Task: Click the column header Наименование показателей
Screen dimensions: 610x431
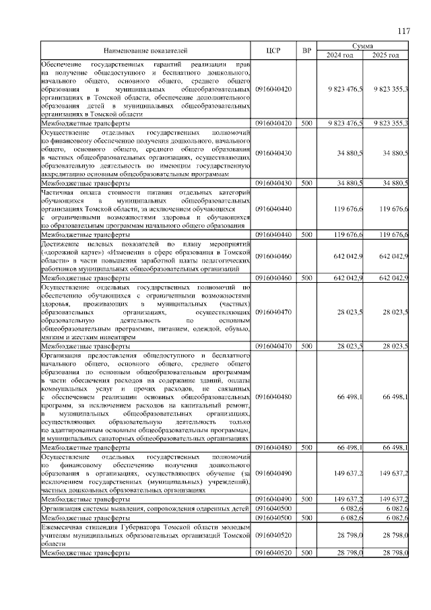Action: [145, 50]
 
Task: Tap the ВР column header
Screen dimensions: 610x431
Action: [307, 50]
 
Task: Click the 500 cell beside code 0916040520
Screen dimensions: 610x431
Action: [307, 553]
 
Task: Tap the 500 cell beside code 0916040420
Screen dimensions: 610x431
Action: [307, 124]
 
